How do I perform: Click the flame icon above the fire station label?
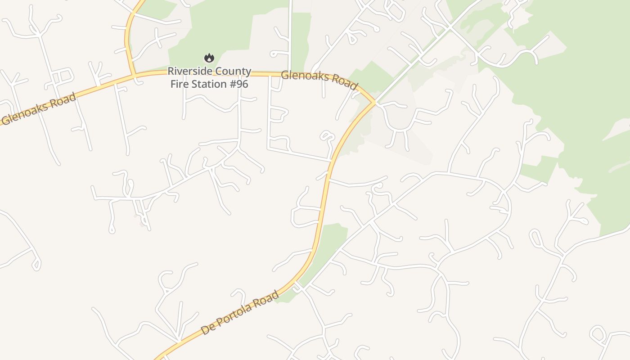coord(209,58)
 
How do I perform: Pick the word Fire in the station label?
coord(178,84)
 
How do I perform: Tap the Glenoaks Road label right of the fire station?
coord(319,80)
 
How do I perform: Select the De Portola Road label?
coord(239,313)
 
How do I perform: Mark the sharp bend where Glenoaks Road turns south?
coord(374,102)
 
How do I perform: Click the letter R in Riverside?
coord(171,72)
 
